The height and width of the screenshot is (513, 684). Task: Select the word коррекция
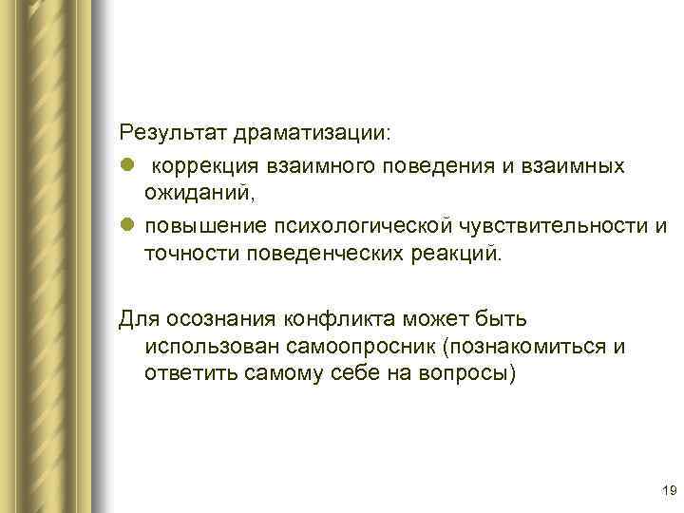pos(203,166)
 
